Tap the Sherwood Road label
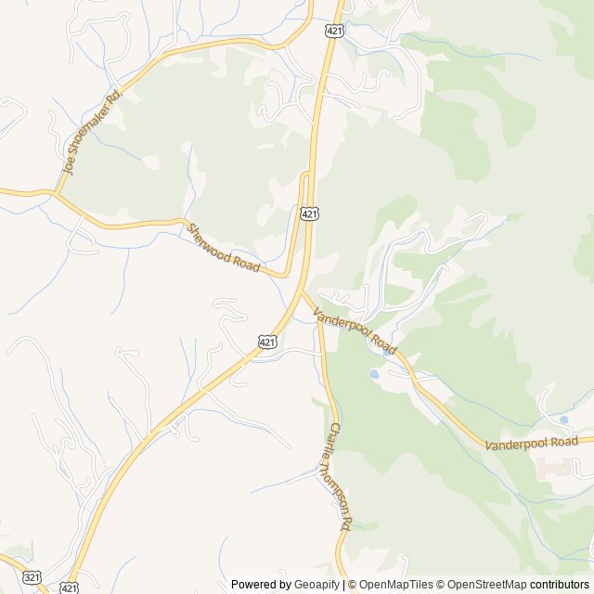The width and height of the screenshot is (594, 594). tap(223, 248)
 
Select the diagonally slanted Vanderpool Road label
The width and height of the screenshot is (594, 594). tap(355, 331)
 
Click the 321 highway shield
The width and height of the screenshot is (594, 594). tap(32, 577)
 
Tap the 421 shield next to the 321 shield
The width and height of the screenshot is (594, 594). tap(68, 588)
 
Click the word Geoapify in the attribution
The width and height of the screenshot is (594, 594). tap(317, 585)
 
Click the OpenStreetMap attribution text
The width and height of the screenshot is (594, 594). tap(483, 585)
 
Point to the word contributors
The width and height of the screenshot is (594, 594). tap(561, 585)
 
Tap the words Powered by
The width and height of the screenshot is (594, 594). tap(261, 585)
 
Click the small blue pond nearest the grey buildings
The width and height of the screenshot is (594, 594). tap(563, 420)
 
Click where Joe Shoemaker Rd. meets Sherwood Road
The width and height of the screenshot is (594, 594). tap(55, 194)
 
